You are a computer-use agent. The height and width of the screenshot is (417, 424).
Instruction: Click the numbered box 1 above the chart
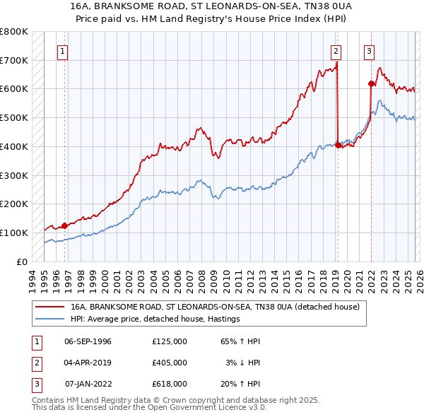(63, 50)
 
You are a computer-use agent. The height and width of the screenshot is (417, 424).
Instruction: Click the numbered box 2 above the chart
(335, 50)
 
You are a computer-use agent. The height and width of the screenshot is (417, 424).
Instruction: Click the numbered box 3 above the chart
(369, 50)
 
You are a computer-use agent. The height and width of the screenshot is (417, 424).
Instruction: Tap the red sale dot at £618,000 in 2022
(371, 84)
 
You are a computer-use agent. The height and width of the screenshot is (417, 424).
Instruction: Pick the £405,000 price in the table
(169, 362)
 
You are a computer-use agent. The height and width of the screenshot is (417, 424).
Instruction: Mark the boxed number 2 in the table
(35, 362)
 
